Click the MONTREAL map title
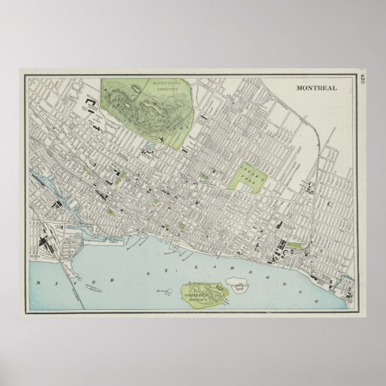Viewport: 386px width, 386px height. [x=316, y=88]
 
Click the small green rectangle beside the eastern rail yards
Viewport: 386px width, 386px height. [x=294, y=244]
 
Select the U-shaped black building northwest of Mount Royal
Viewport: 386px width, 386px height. [x=91, y=104]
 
